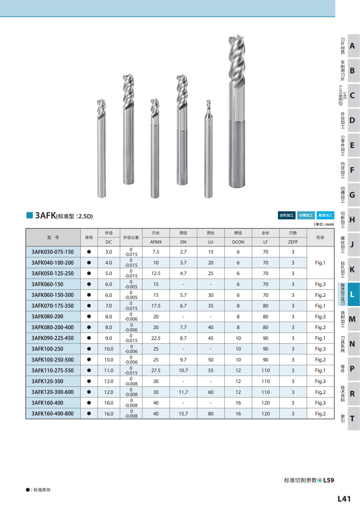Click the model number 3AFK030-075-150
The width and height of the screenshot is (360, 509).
point(52,252)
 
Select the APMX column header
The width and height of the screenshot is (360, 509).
point(156,242)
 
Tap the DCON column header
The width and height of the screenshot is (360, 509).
point(238,242)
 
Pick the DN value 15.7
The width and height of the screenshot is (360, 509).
point(183,414)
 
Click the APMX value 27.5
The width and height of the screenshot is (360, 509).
point(156,370)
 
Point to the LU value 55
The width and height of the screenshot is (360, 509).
point(211,370)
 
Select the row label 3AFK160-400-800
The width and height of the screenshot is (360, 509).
point(52,414)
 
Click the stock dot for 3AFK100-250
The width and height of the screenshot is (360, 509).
point(89,349)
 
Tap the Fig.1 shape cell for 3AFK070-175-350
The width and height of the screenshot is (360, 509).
point(320,306)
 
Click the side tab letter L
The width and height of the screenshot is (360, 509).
point(352,295)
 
